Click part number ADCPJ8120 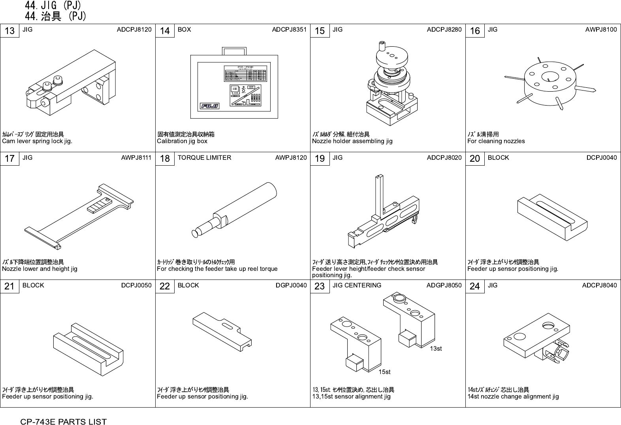click(x=134, y=30)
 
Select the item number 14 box click(x=165, y=31)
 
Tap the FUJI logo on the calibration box click(x=209, y=106)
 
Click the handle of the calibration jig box click(x=235, y=51)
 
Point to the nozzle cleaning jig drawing click(x=550, y=83)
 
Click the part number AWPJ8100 click(x=600, y=30)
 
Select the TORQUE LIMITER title click(x=204, y=157)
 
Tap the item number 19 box click(x=320, y=159)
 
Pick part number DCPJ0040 click(x=601, y=157)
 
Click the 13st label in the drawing click(x=436, y=348)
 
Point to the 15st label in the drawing click(x=384, y=372)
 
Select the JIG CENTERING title click(x=357, y=285)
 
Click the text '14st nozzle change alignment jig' click(x=513, y=397)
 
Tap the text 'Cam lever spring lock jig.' click(x=37, y=141)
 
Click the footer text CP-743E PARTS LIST click(x=64, y=422)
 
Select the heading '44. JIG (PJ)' click(x=53, y=6)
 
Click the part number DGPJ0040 click(x=291, y=285)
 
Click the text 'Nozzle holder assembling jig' click(x=352, y=141)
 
